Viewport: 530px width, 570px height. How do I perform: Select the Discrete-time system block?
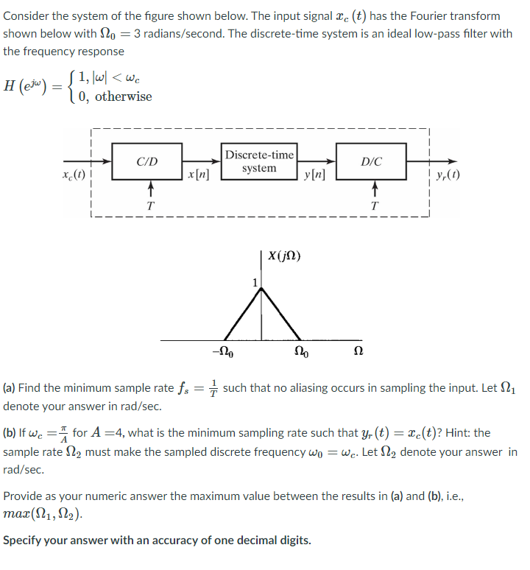(259, 161)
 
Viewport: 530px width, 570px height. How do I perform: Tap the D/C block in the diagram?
(371, 161)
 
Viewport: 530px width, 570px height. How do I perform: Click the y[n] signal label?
(314, 175)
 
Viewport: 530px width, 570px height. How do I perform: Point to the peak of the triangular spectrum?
(261, 286)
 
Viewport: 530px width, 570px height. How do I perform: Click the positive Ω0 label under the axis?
(301, 353)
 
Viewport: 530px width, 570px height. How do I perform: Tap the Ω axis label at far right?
(358, 353)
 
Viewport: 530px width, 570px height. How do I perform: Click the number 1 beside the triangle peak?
(255, 282)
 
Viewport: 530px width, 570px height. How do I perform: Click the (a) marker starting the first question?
(10, 388)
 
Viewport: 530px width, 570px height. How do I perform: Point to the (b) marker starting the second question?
(10, 433)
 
